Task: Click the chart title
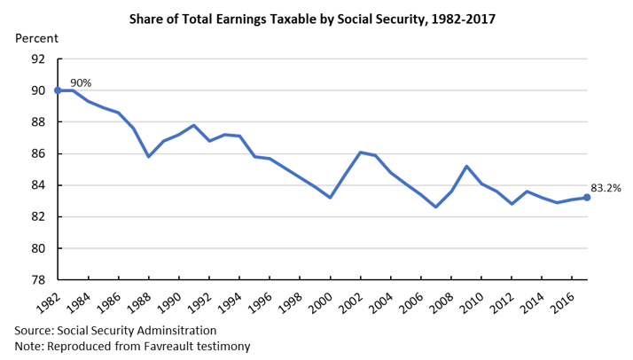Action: pos(317,17)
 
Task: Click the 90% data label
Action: pos(81,82)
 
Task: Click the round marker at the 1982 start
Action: pos(58,90)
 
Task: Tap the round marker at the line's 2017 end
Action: pos(587,197)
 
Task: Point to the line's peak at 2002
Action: pos(360,153)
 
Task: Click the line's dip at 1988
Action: pos(148,157)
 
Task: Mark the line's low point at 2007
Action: pos(435,207)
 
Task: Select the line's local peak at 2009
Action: pos(466,166)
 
